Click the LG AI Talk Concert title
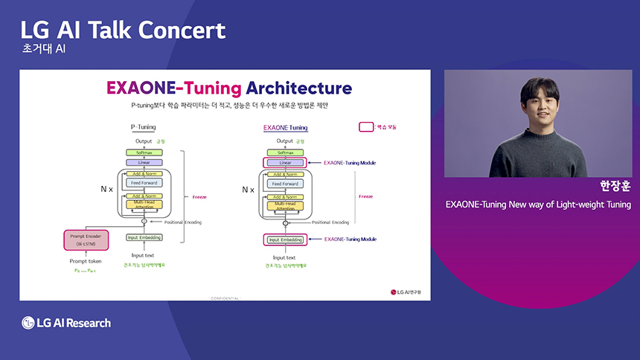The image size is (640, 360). (x=123, y=30)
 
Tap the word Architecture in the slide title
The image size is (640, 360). (x=298, y=88)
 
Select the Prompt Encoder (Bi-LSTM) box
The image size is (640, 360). (x=86, y=240)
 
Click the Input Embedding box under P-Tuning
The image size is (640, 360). (x=144, y=237)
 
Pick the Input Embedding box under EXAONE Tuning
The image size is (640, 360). (x=284, y=240)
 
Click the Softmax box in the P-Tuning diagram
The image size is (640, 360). (x=144, y=152)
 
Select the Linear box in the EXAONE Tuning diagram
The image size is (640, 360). (x=284, y=162)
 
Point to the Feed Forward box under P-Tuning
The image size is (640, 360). (x=144, y=182)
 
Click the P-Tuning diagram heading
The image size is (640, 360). (x=144, y=127)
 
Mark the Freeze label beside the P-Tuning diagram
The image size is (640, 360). (x=199, y=197)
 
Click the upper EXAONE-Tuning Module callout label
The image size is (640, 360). (x=350, y=161)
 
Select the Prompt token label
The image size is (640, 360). (x=86, y=260)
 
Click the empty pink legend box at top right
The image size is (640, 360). (x=366, y=126)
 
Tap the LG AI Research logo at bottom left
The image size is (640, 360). (x=66, y=323)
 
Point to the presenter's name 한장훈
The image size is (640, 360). (x=615, y=186)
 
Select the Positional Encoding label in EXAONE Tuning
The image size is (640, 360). (x=330, y=222)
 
